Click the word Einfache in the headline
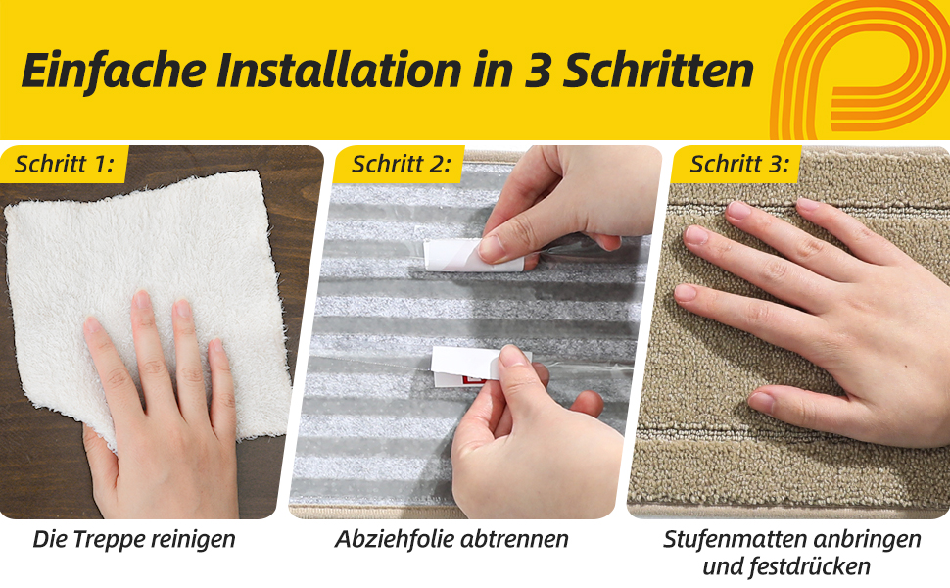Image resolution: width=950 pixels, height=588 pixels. click(x=114, y=71)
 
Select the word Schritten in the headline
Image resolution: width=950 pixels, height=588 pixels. click(x=658, y=71)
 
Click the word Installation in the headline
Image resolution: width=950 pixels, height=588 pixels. click(x=339, y=71)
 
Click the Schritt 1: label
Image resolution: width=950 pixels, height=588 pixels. click(x=65, y=164)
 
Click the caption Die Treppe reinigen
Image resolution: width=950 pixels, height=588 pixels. click(x=134, y=539)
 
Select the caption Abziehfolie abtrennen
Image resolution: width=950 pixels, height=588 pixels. click(x=451, y=539)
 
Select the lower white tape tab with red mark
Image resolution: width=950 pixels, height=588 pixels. click(x=466, y=367)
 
